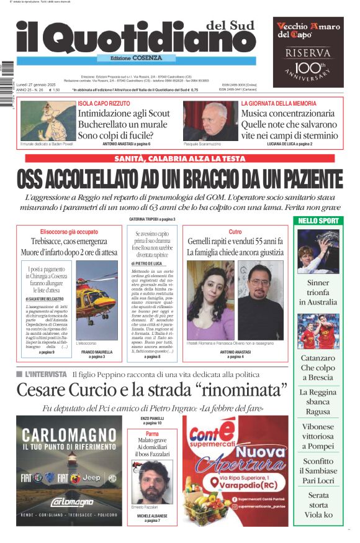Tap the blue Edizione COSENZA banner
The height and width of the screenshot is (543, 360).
(127, 58)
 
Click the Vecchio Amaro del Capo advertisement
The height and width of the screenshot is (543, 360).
(308, 52)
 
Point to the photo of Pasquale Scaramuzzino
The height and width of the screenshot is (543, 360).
(210, 121)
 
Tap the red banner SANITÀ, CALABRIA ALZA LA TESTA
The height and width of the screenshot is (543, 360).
(180, 159)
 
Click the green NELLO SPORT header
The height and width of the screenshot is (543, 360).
(318, 221)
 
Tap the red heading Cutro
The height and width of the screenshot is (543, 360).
(235, 231)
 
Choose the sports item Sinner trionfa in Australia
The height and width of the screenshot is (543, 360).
(318, 292)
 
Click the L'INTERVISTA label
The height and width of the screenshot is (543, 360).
(45, 374)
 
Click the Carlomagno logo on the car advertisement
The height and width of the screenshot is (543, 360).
(69, 501)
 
